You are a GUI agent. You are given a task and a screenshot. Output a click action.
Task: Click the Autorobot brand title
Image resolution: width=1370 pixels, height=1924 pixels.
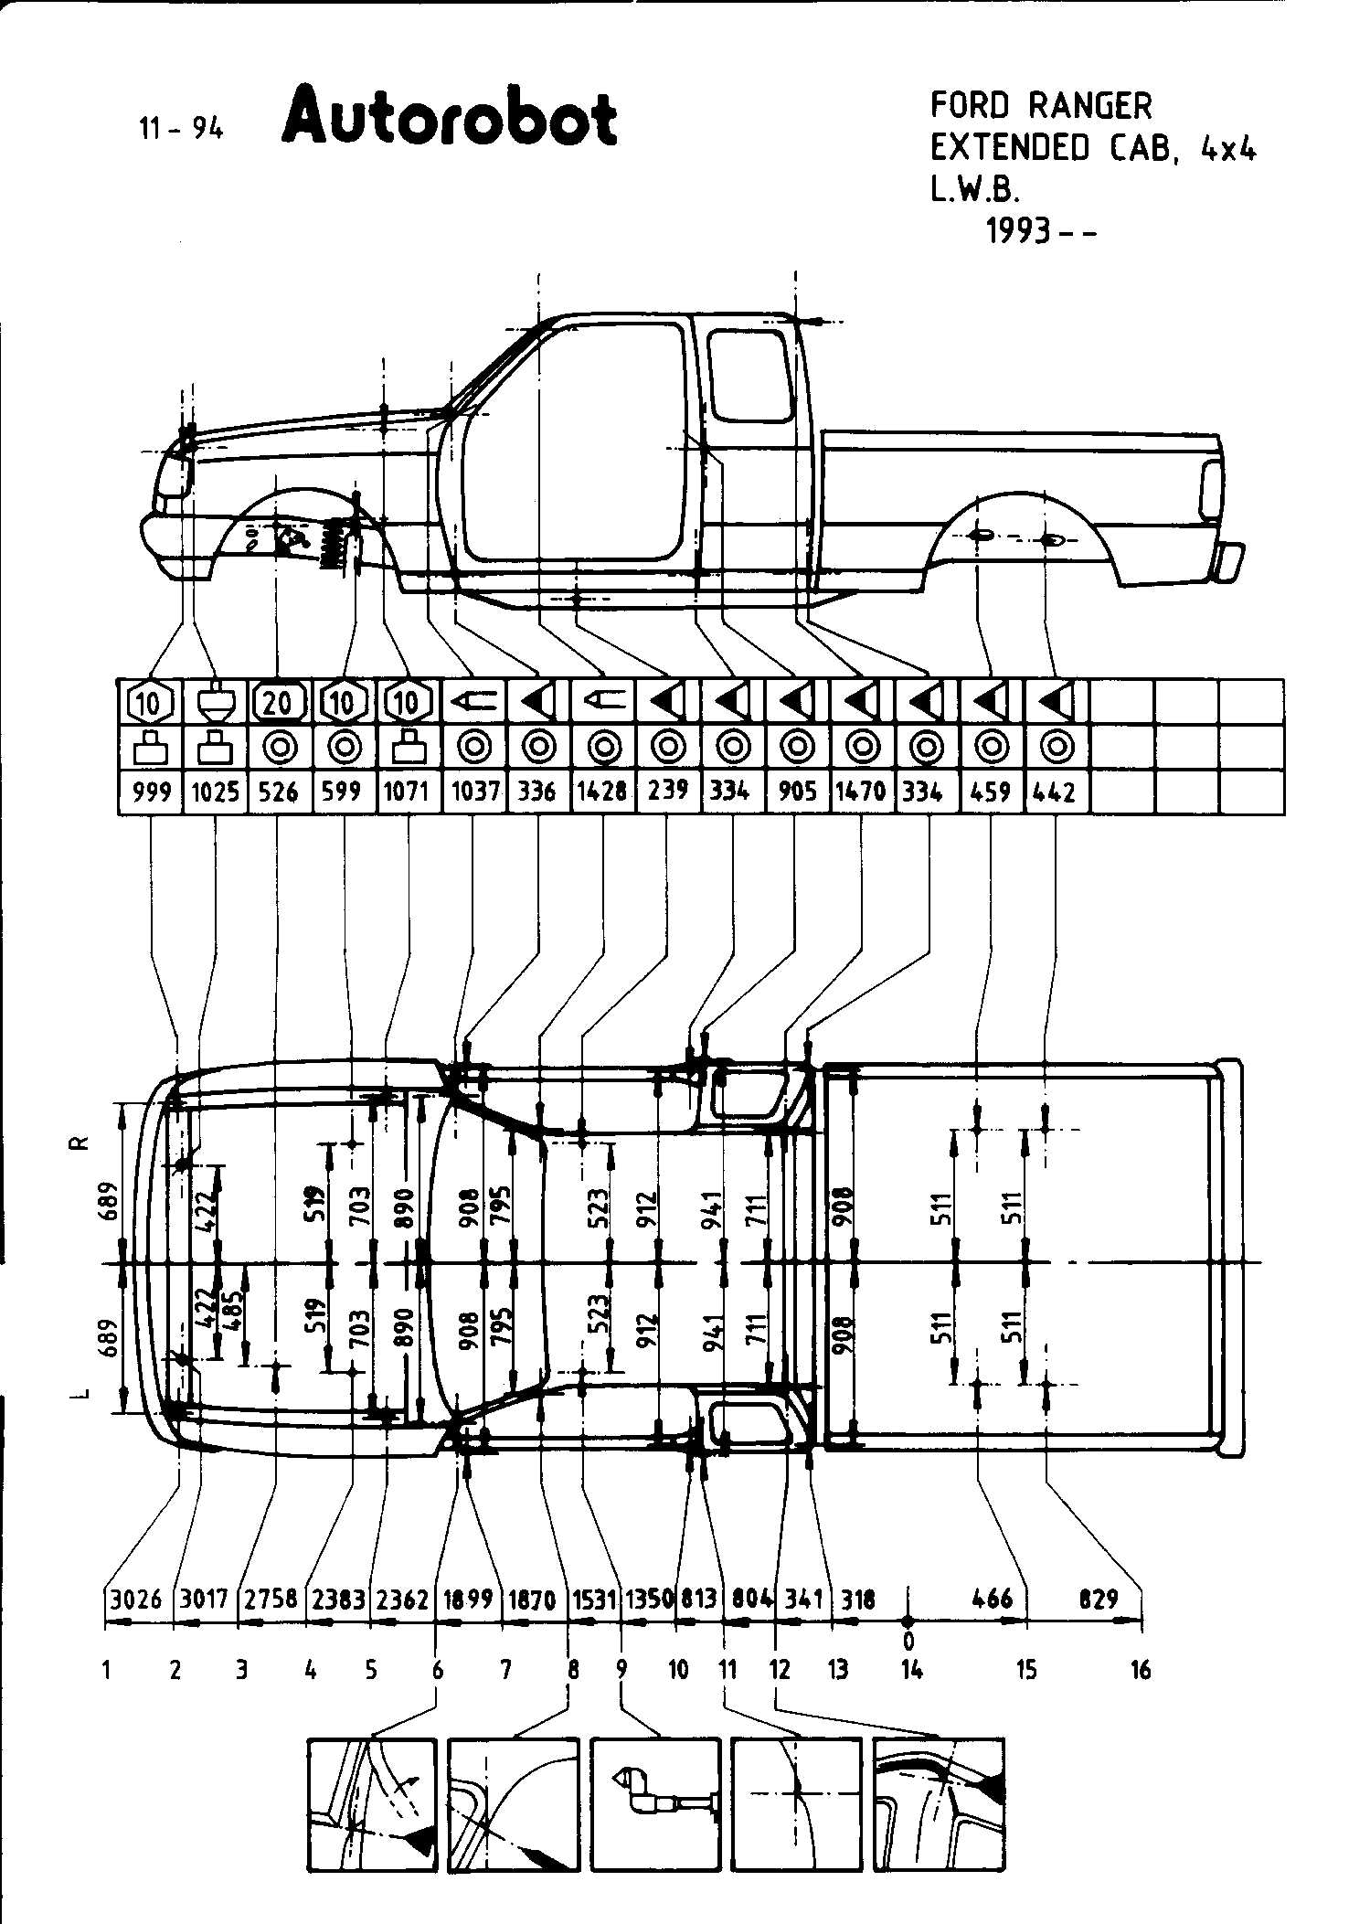point(450,117)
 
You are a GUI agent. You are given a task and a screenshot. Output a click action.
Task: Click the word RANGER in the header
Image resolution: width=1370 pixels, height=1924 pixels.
point(1090,106)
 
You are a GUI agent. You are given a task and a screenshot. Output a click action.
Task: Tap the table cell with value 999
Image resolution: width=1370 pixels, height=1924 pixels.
point(152,792)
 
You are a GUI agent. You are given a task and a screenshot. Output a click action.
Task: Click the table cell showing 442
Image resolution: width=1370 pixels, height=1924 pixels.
point(1056,792)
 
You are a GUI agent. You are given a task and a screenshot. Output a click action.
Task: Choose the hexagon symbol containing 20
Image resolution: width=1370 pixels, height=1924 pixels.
point(280,703)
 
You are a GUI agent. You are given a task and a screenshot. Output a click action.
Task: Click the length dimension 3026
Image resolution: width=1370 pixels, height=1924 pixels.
point(136,1600)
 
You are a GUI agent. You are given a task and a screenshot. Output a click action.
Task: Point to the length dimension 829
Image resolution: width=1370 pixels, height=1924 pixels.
point(1099,1600)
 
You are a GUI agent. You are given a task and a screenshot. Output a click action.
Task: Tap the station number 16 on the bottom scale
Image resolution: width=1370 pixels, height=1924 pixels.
point(1140,1671)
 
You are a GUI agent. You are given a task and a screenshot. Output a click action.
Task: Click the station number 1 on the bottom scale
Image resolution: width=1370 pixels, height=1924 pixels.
point(107,1671)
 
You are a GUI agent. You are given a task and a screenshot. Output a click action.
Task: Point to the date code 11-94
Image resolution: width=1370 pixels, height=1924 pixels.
point(181,129)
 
